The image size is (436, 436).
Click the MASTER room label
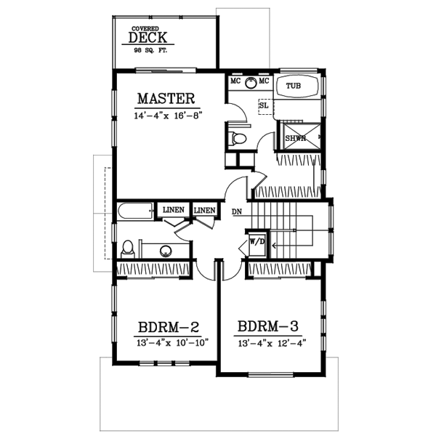166,98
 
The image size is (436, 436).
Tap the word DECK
148,38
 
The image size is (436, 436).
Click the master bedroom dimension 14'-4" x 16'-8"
167,116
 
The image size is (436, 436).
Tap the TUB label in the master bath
293,86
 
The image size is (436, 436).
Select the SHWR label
294,138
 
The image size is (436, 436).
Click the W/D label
256,240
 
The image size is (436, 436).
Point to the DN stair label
237,212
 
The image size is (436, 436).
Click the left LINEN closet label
172,210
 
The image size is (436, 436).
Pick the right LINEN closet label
204,210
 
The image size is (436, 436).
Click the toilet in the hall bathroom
128,249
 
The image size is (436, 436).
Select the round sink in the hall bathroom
166,251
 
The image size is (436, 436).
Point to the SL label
263,106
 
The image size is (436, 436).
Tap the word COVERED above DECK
145,28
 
